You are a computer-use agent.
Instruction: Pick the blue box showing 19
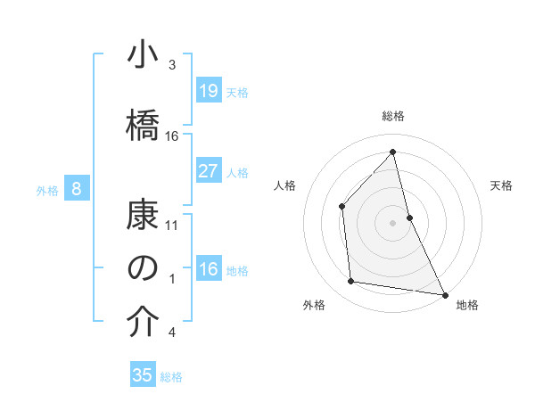[x=209, y=90]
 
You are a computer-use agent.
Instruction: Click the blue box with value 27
[x=209, y=171]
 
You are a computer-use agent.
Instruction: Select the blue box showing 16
[x=209, y=269]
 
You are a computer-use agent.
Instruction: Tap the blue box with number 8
[x=77, y=189]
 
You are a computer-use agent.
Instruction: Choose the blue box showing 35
[x=143, y=375]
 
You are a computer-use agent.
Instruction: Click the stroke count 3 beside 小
[x=171, y=65]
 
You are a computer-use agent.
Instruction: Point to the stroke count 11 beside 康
[x=172, y=225]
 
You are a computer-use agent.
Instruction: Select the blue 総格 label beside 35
[x=171, y=376]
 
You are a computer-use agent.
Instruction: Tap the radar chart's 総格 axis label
[x=393, y=116]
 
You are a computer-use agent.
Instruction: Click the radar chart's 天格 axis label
[x=502, y=185]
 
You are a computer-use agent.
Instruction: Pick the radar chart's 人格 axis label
[x=284, y=185]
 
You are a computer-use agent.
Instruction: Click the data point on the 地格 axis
[x=445, y=294]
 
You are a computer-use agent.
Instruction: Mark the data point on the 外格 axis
[x=351, y=282]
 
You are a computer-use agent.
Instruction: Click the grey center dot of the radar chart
[x=392, y=222]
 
